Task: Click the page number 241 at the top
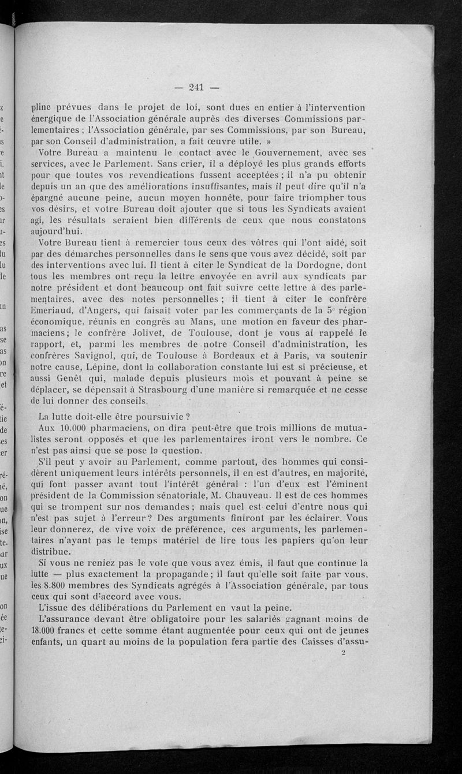point(197,88)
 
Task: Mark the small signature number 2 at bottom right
point(344,652)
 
